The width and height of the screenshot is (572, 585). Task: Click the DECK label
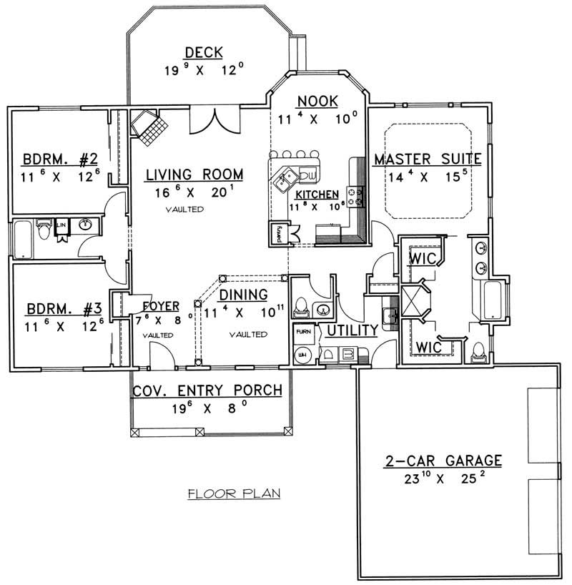coord(204,52)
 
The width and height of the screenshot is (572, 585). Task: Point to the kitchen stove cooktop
coord(356,193)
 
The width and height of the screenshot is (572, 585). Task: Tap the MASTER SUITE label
coord(427,158)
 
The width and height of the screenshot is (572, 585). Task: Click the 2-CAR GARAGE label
coord(443,460)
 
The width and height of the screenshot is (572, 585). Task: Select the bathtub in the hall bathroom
coord(26,238)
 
